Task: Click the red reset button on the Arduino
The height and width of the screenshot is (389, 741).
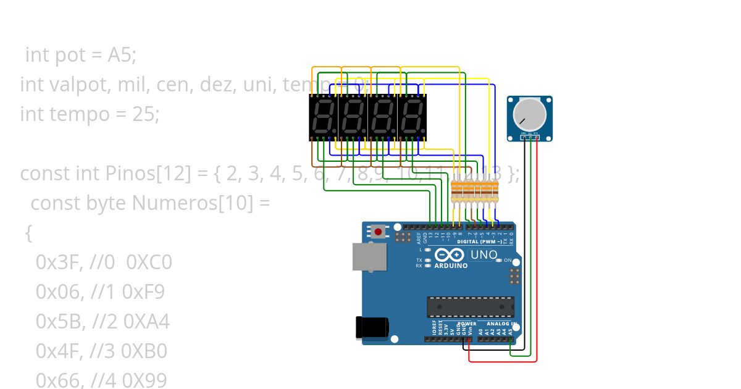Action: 378,232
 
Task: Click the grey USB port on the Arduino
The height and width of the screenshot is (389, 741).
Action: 369,256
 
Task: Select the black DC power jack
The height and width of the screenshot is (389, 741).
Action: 372,327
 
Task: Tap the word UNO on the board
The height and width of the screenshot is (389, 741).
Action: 484,254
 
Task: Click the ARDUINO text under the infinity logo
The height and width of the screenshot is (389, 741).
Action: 451,266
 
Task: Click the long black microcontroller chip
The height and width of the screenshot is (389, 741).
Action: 471,307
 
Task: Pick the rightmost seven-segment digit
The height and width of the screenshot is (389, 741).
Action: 412,117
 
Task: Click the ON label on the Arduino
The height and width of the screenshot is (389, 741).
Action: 508,261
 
